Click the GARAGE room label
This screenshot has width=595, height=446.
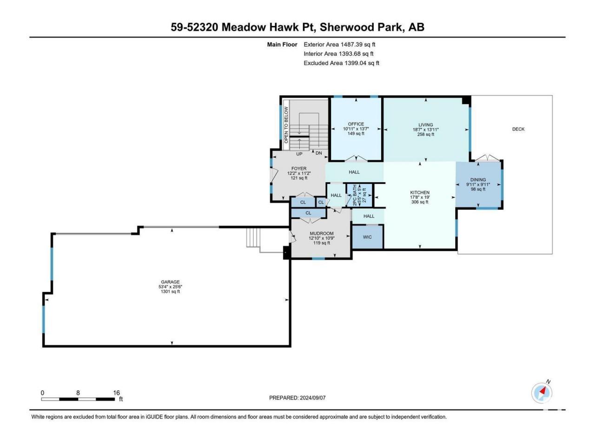170,282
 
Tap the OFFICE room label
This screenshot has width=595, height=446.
356,124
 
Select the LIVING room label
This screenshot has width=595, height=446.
426,125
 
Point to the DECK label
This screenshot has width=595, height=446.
518,129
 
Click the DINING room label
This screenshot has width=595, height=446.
478,179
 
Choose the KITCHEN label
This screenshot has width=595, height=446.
420,192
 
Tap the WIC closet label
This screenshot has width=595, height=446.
367,237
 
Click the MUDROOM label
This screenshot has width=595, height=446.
322,233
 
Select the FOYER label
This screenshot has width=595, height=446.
299,169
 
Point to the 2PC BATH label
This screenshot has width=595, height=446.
355,195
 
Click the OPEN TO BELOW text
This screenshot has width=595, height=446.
286,125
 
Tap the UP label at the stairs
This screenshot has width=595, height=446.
299,154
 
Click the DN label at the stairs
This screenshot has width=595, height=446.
319,153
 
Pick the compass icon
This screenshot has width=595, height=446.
542,392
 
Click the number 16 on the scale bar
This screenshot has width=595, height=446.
117,393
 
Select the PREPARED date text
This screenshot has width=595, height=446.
297,398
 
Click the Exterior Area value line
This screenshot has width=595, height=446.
339,45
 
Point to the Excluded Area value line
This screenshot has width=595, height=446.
341,63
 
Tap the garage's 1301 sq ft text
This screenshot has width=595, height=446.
170,291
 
